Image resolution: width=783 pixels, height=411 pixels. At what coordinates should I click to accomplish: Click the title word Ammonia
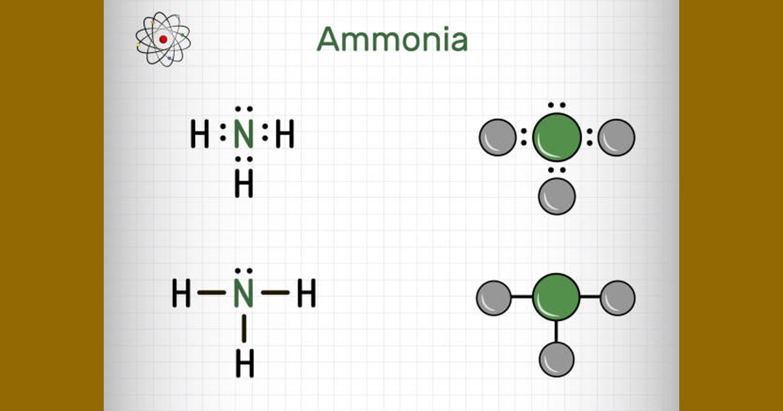(392, 39)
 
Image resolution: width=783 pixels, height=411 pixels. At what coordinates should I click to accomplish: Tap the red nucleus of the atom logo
(163, 40)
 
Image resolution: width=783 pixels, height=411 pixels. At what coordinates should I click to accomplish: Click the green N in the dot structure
(243, 134)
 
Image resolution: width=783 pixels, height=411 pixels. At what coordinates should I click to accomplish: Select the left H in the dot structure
(200, 134)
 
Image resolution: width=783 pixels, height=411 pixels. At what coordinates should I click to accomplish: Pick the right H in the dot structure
(285, 134)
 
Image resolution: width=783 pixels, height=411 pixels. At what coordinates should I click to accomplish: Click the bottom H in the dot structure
(243, 184)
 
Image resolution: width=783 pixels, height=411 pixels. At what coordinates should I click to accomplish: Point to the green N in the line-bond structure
(243, 293)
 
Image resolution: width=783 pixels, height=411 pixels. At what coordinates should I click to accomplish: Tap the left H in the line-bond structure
(181, 293)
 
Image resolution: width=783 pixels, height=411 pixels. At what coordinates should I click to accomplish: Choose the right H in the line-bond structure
(307, 293)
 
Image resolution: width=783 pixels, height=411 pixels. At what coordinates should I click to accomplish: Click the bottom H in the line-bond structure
(245, 363)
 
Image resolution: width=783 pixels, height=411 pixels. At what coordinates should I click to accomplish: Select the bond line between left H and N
(212, 292)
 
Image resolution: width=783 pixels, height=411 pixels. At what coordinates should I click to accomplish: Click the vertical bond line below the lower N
(244, 329)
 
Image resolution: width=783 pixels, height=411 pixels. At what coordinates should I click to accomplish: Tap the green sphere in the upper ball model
(557, 138)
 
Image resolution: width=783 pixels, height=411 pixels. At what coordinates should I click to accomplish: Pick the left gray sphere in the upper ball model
(498, 138)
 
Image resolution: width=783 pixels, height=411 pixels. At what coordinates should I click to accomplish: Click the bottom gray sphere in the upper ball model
(557, 196)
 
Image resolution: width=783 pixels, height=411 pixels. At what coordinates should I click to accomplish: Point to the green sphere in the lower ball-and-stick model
(556, 297)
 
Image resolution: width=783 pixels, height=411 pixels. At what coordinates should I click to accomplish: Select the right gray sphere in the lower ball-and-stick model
(618, 298)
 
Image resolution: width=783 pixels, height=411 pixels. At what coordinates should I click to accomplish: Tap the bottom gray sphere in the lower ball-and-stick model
(557, 359)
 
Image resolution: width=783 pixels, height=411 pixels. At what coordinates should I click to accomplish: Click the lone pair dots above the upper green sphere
(557, 105)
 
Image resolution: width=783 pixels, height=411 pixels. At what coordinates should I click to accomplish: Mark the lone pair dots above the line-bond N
(243, 271)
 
